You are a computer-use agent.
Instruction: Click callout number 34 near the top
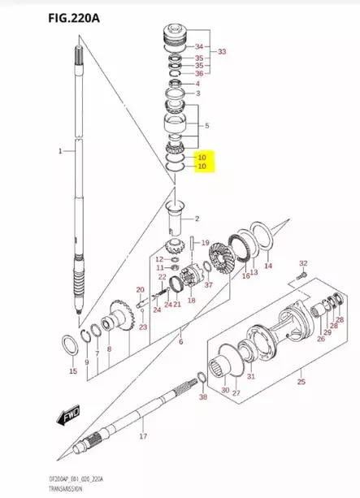[x=198, y=46]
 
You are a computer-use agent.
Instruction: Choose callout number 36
[x=198, y=74]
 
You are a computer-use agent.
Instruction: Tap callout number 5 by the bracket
[x=206, y=126]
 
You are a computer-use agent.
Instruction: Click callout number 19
[x=205, y=242]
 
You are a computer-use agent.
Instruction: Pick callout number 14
[x=268, y=266]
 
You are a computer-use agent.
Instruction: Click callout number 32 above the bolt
[x=302, y=264]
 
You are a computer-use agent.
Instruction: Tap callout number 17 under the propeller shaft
[x=143, y=437]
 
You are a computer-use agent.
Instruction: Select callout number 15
[x=73, y=371]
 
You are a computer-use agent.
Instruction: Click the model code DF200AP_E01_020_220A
[x=48, y=482]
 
